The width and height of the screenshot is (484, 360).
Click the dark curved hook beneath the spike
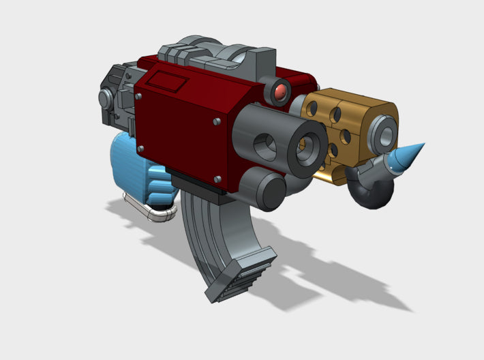(x=372, y=194)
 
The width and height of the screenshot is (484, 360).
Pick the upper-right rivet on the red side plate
(x=216, y=122)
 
